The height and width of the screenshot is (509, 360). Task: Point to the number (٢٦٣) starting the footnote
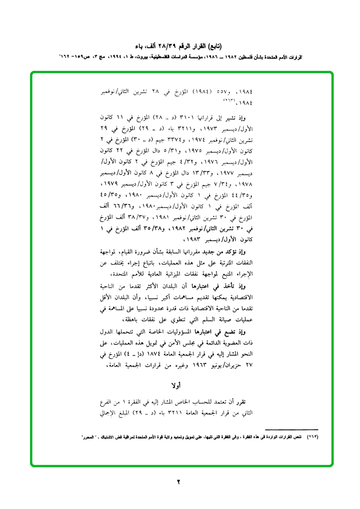(311, 437)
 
